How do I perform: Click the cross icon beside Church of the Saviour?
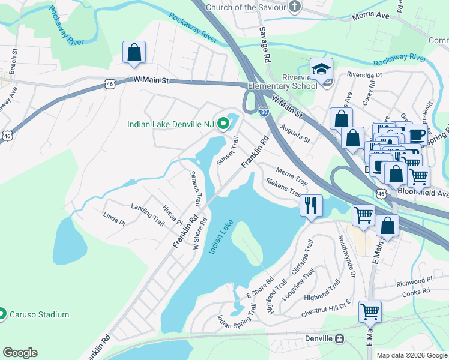(294, 7)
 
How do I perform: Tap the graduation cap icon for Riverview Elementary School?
(322, 69)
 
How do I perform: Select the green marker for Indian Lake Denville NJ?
(224, 124)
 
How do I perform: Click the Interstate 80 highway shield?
(264, 111)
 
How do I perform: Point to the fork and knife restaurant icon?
(311, 206)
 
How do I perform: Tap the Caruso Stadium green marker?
(2, 314)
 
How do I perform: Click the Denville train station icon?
(340, 339)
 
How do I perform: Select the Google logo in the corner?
(20, 353)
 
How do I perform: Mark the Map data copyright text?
(411, 355)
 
